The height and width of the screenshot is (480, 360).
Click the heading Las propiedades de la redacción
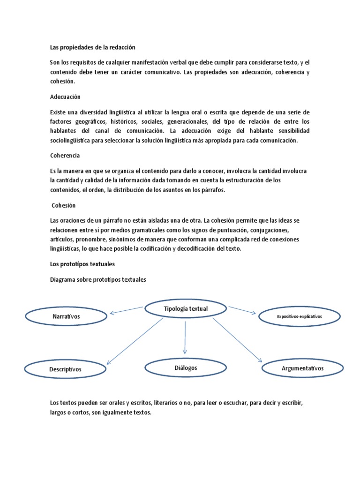(x=92, y=47)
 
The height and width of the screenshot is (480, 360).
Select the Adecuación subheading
(x=65, y=97)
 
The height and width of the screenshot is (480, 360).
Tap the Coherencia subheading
(x=65, y=155)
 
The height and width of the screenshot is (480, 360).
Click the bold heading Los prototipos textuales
(x=82, y=264)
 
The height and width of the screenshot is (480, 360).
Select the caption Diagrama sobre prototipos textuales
(x=98, y=279)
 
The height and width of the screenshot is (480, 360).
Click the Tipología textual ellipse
(x=186, y=308)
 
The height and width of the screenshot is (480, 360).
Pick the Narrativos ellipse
(x=66, y=316)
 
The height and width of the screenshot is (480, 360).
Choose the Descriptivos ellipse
(x=65, y=369)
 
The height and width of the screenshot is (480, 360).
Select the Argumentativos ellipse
(x=302, y=368)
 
